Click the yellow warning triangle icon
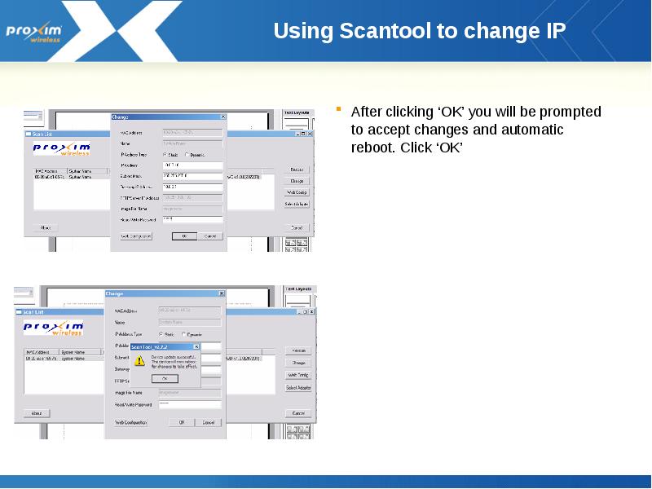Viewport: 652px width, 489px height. [139, 359]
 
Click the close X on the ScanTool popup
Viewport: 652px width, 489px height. [196, 346]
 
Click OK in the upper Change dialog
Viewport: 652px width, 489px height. [184, 236]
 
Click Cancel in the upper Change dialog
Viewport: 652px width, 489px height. [209, 236]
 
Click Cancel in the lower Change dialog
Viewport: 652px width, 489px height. [209, 422]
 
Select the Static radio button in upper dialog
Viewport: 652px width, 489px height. [165, 154]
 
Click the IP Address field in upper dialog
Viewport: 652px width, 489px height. [192, 165]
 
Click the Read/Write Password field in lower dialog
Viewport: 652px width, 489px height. [190, 403]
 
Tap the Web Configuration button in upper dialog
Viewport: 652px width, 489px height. [136, 236]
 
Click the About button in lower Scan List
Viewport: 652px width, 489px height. [37, 413]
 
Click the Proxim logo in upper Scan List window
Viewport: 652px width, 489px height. [62, 148]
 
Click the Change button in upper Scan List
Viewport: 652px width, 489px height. [297, 181]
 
